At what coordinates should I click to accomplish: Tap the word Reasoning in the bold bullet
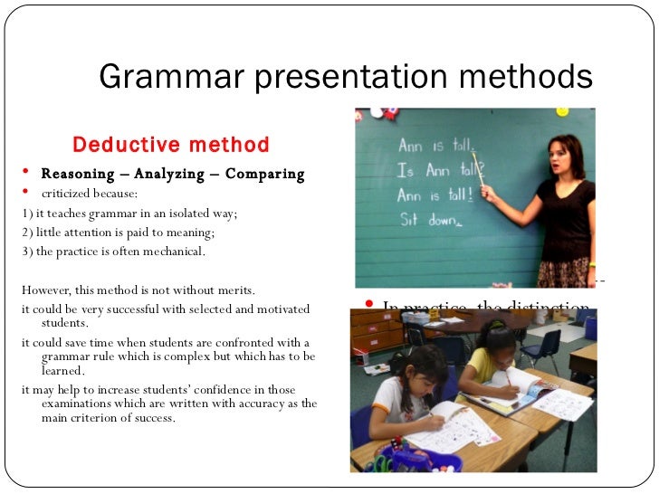(x=76, y=174)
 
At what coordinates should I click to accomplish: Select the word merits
(x=235, y=290)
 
